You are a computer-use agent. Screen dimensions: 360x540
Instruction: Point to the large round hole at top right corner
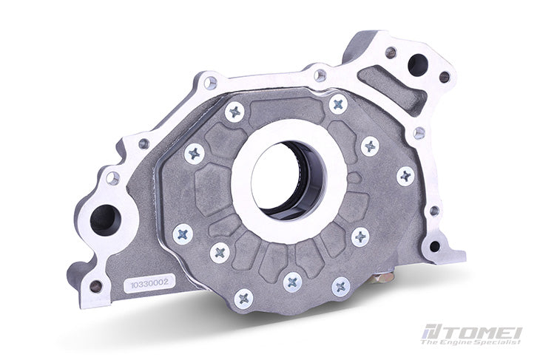[x=416, y=64]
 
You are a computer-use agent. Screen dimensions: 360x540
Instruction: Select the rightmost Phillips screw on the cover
[x=405, y=175]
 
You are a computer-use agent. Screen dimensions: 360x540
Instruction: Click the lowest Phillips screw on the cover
[x=243, y=298]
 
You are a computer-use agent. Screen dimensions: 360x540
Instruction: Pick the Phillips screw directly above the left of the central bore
[x=235, y=112]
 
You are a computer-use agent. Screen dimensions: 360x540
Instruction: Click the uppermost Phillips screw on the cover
[x=338, y=103]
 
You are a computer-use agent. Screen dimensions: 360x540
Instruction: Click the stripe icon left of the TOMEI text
[x=431, y=333]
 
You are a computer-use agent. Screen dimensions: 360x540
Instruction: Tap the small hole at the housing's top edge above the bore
[x=320, y=75]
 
